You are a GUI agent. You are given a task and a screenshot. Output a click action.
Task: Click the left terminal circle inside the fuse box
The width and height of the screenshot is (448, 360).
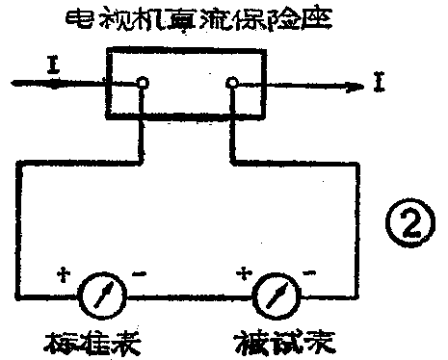tap(143, 85)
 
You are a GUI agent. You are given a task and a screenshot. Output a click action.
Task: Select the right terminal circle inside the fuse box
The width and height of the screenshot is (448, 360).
tap(231, 85)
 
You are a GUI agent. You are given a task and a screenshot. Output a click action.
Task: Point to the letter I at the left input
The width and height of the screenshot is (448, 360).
tap(50, 64)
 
